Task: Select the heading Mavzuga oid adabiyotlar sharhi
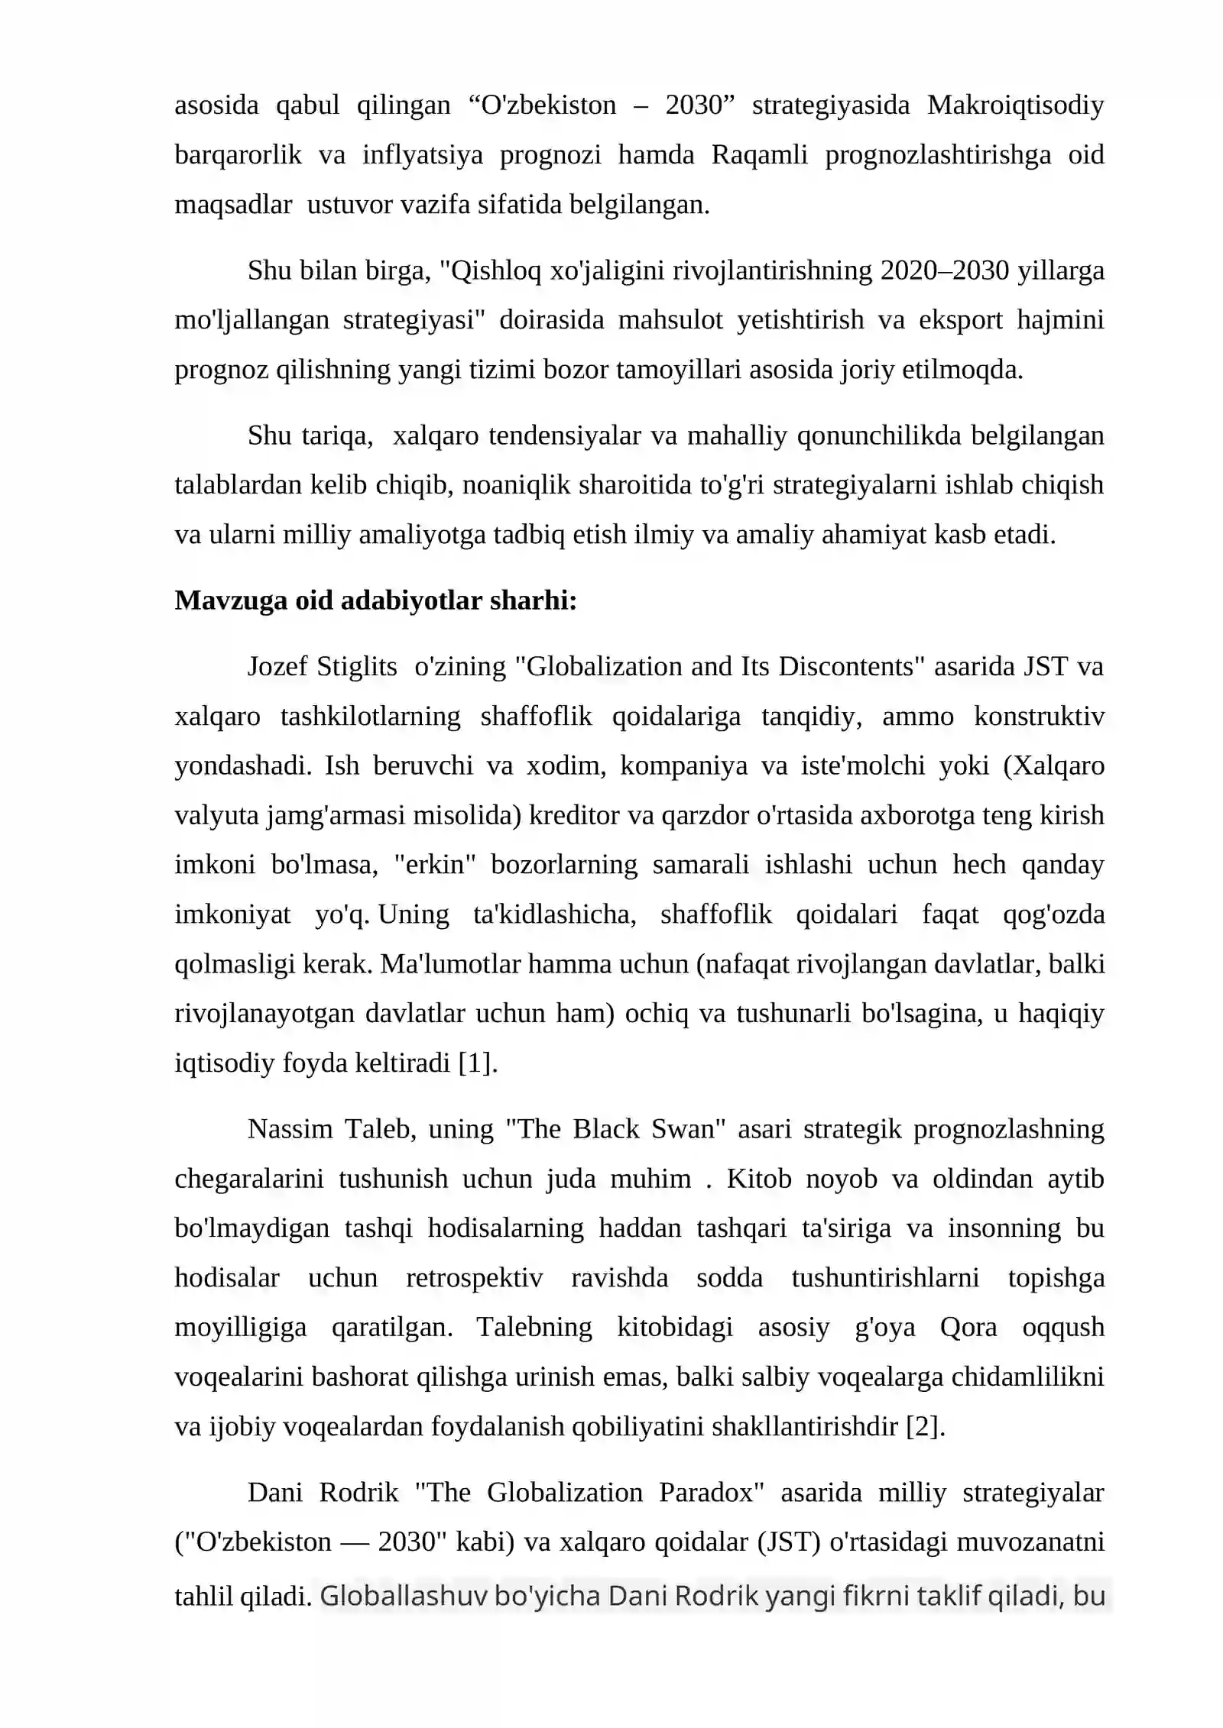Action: tap(375, 601)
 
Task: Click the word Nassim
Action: tap(290, 1129)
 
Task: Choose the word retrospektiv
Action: tap(474, 1278)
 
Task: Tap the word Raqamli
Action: tap(759, 155)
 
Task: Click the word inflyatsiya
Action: tap(422, 155)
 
